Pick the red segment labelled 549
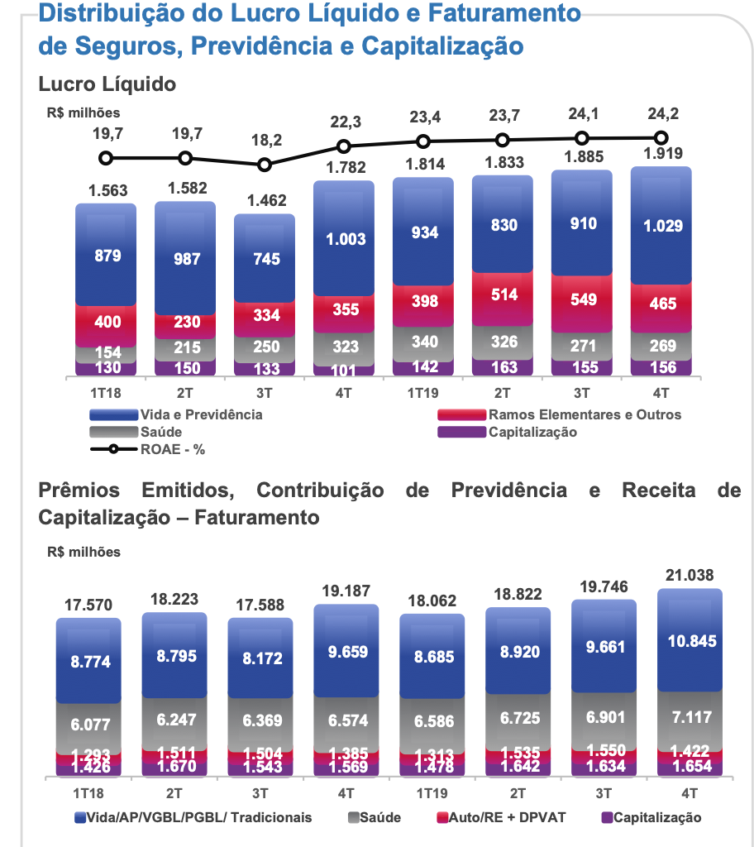coord(583,299)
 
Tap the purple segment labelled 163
coord(503,367)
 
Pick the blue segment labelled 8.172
coord(260,659)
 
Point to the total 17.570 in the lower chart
coord(88,605)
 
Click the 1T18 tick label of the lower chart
coord(88,792)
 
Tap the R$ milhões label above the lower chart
coord(84,552)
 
